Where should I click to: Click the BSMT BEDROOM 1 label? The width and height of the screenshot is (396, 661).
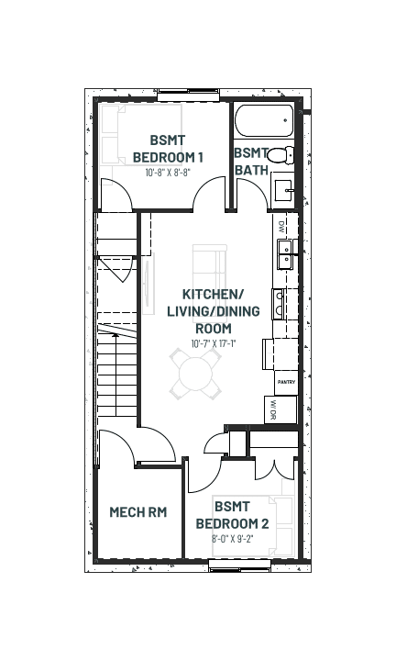coord(168,149)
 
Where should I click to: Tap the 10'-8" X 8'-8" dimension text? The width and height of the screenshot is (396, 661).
coord(168,173)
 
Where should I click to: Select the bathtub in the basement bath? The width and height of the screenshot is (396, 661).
coord(264,120)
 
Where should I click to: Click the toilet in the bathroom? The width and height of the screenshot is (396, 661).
coord(280,155)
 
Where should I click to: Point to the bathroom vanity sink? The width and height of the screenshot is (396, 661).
coord(284,191)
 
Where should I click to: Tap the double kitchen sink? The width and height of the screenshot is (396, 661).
coord(285,254)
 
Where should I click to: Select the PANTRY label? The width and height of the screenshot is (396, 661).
coord(286,382)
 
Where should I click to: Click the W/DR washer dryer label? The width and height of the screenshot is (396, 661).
coord(273,409)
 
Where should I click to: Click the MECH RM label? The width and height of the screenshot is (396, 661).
coord(138,511)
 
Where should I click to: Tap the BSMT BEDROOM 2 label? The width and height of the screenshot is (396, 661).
coord(232,515)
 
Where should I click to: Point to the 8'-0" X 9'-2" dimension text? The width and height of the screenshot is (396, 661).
coord(232,539)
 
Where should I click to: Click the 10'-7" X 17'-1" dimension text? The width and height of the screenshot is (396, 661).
coord(214,343)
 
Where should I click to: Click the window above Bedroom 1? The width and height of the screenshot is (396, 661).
coord(189,95)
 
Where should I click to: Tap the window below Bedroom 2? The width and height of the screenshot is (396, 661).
coord(239,566)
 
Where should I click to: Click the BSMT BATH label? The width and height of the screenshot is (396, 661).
coord(251,162)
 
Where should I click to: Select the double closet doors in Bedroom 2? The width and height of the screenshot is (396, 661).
coord(274,470)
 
